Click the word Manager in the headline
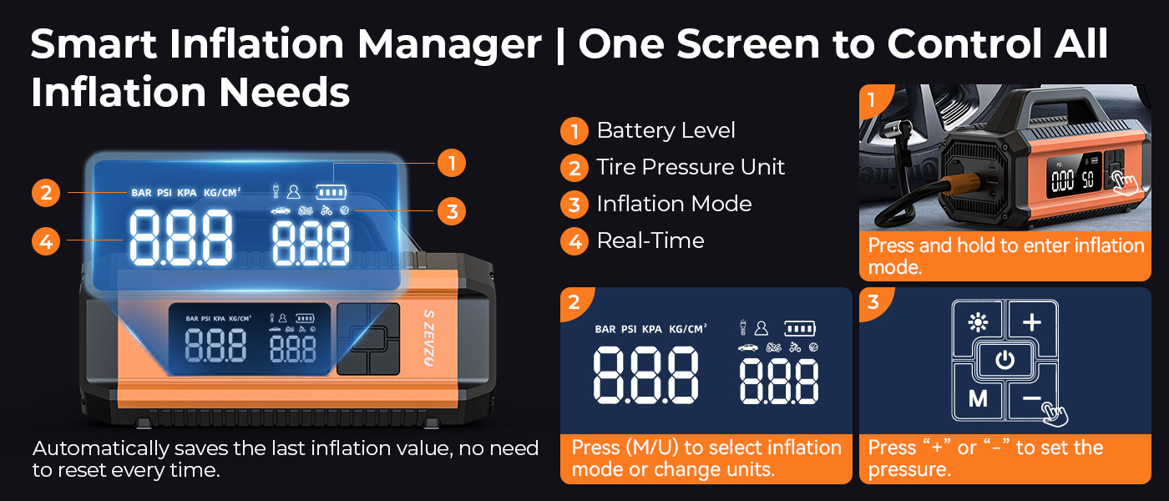click(x=449, y=45)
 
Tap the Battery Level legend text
click(x=666, y=130)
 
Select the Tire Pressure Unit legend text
click(x=691, y=167)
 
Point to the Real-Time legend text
click(x=650, y=240)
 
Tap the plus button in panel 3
click(x=1032, y=322)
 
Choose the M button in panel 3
click(x=978, y=399)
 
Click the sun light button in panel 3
click(x=978, y=322)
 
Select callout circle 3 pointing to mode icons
click(x=452, y=211)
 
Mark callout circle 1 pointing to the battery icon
click(x=452, y=164)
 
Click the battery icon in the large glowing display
click(x=331, y=192)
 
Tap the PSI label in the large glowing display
click(x=164, y=193)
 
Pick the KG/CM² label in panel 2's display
click(x=688, y=329)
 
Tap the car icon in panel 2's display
click(x=748, y=347)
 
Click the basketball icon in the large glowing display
click(x=344, y=210)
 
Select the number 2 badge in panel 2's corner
click(x=574, y=301)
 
